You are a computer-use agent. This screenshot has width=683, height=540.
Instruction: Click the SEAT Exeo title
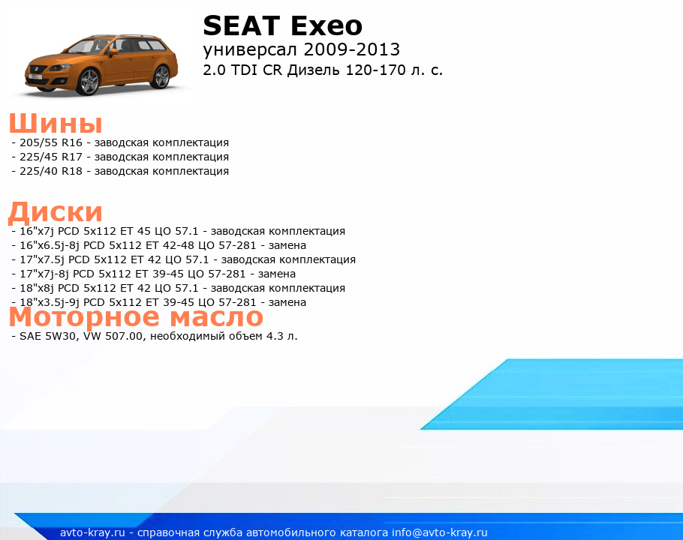(283, 26)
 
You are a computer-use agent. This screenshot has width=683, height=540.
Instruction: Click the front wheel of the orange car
(88, 82)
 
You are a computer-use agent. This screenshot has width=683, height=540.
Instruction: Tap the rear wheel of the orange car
(161, 76)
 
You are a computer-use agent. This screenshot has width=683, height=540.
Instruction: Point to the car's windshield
(83, 46)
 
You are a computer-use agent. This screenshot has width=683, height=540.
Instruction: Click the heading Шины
(56, 123)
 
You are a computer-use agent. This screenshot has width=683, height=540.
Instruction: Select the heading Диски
(56, 212)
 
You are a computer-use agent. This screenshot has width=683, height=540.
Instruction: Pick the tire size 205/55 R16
(51, 142)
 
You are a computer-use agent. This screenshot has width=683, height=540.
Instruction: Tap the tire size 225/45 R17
(51, 157)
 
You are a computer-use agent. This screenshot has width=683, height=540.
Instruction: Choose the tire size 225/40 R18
(51, 172)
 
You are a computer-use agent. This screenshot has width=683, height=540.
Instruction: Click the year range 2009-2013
(351, 49)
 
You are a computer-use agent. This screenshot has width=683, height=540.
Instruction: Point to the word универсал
(251, 51)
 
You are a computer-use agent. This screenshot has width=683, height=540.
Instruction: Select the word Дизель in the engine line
(313, 70)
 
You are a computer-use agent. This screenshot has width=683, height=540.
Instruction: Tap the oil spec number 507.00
(125, 336)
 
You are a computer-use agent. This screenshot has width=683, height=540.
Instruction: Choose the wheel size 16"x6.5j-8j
(50, 245)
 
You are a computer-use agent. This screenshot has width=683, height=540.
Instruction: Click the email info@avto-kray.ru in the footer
(440, 532)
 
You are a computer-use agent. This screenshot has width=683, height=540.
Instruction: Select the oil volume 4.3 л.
(281, 336)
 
